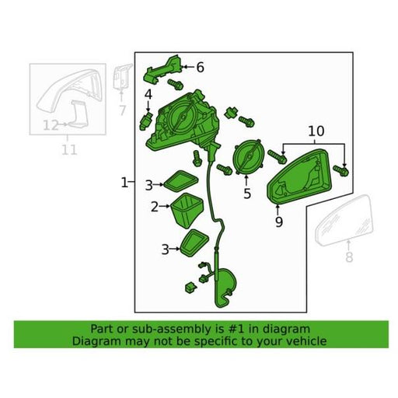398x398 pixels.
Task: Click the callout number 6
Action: coord(200,68)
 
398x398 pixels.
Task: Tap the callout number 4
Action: coord(148,95)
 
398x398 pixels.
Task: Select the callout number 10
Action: coord(316,131)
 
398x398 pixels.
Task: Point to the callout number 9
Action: coord(279,222)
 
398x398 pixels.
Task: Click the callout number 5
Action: coord(247,194)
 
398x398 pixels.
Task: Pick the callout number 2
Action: coord(155,207)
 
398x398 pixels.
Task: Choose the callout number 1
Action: coord(124,183)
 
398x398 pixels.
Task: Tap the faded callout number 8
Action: coord(349,257)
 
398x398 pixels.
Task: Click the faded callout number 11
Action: coord(69,150)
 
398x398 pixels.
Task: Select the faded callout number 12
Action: coord(51,126)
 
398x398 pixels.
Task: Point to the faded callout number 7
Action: coord(122,110)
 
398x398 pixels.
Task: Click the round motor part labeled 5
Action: coord(248,157)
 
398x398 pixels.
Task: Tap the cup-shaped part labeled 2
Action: coord(187,211)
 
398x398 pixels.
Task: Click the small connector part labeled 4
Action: coord(145,120)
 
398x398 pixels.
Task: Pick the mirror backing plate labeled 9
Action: coord(299,176)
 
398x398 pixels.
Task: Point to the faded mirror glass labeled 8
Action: coord(344,220)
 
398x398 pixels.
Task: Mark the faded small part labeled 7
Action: coord(121,76)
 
